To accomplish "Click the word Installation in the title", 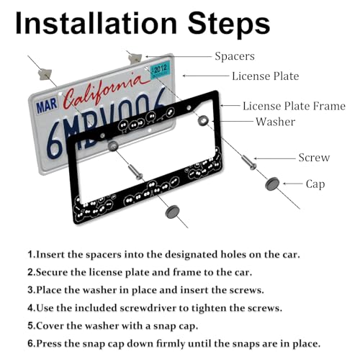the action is coord(96,23).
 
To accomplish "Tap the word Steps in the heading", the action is coord(229,24).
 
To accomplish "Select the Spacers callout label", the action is coord(235,56).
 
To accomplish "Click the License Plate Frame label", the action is coord(294,106).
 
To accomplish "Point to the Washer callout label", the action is coord(275,122).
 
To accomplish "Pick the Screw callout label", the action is coord(314,158).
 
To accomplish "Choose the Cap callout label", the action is coord(315,184).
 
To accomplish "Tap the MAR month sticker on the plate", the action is coord(47,106).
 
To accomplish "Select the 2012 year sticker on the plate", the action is coord(160,70).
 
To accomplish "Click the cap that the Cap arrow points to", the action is coord(272,184).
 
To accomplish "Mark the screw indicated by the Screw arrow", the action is coord(249,163).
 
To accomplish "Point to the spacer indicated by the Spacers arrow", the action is coord(135,58).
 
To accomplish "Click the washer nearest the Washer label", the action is coord(203,120).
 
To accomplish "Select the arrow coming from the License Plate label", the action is coord(206,76).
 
